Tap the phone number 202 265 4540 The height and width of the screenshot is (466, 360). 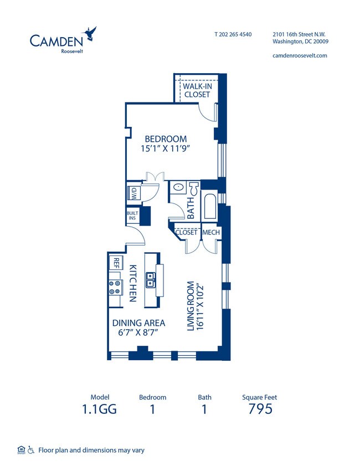(233, 34)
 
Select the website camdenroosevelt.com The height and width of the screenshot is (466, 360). (300, 55)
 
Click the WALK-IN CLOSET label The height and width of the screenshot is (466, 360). (197, 90)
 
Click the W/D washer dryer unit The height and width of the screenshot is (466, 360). (135, 193)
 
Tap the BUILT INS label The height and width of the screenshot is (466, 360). (132, 216)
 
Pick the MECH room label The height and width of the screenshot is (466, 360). (211, 233)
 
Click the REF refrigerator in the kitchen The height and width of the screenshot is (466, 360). (117, 261)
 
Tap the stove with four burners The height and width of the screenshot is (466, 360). (115, 287)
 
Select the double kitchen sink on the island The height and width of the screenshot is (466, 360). (150, 280)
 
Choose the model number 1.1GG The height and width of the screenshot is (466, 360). (100, 409)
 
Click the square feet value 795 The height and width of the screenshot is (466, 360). (259, 409)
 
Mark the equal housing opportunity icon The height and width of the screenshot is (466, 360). (21, 449)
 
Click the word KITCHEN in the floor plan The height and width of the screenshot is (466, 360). (133, 283)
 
